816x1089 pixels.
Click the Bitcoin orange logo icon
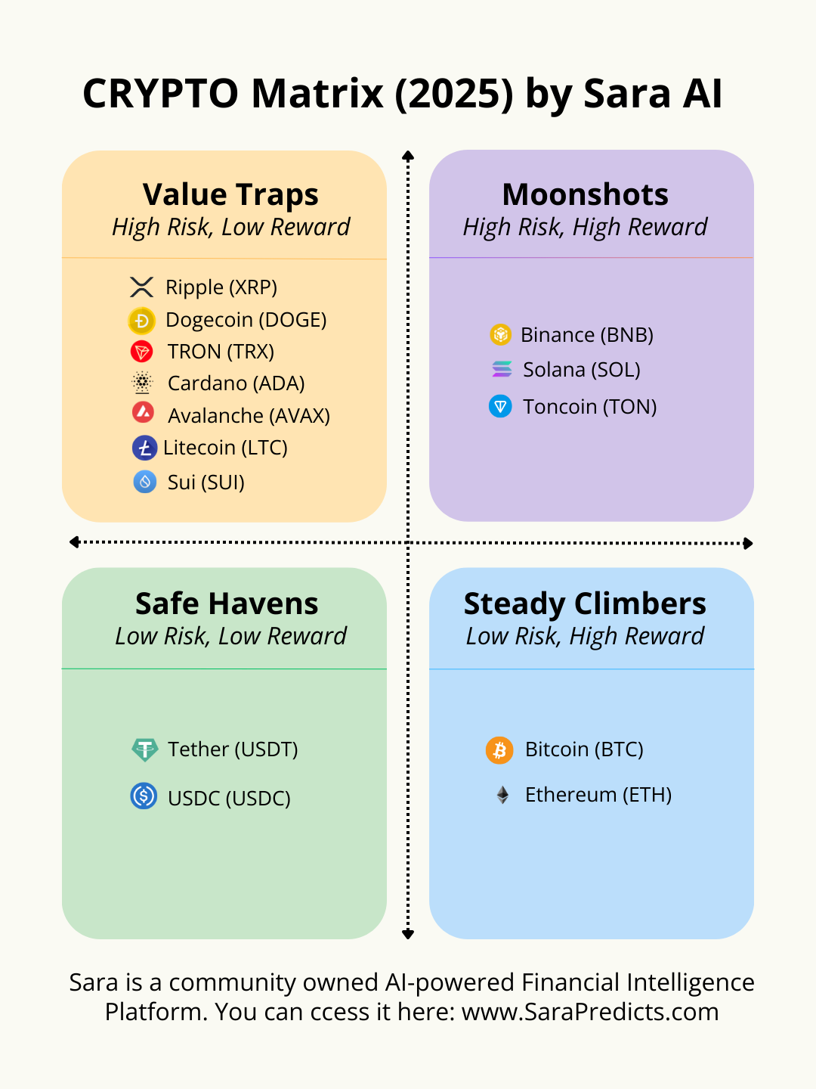pos(499,750)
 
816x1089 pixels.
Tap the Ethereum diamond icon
pos(502,795)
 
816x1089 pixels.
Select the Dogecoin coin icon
pos(141,321)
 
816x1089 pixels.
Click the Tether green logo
pos(144,749)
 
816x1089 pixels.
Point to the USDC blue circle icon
pos(144,796)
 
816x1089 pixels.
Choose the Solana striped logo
pos(502,369)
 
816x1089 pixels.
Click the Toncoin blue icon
pos(500,407)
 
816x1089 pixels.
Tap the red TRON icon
pos(142,352)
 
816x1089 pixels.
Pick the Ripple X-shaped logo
pos(141,287)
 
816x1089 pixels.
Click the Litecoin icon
pos(144,448)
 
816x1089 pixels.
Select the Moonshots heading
pos(586,194)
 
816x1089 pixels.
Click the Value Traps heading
pos(230,194)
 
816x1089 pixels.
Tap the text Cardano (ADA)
pos(236,383)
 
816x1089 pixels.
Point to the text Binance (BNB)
pos(587,335)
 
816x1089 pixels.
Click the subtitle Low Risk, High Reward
pos(585,636)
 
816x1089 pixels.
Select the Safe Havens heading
pos(227,603)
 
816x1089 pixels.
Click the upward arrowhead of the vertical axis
pos(408,156)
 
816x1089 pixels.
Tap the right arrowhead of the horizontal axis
pos(748,543)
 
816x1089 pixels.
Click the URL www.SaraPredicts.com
pos(590,1012)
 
